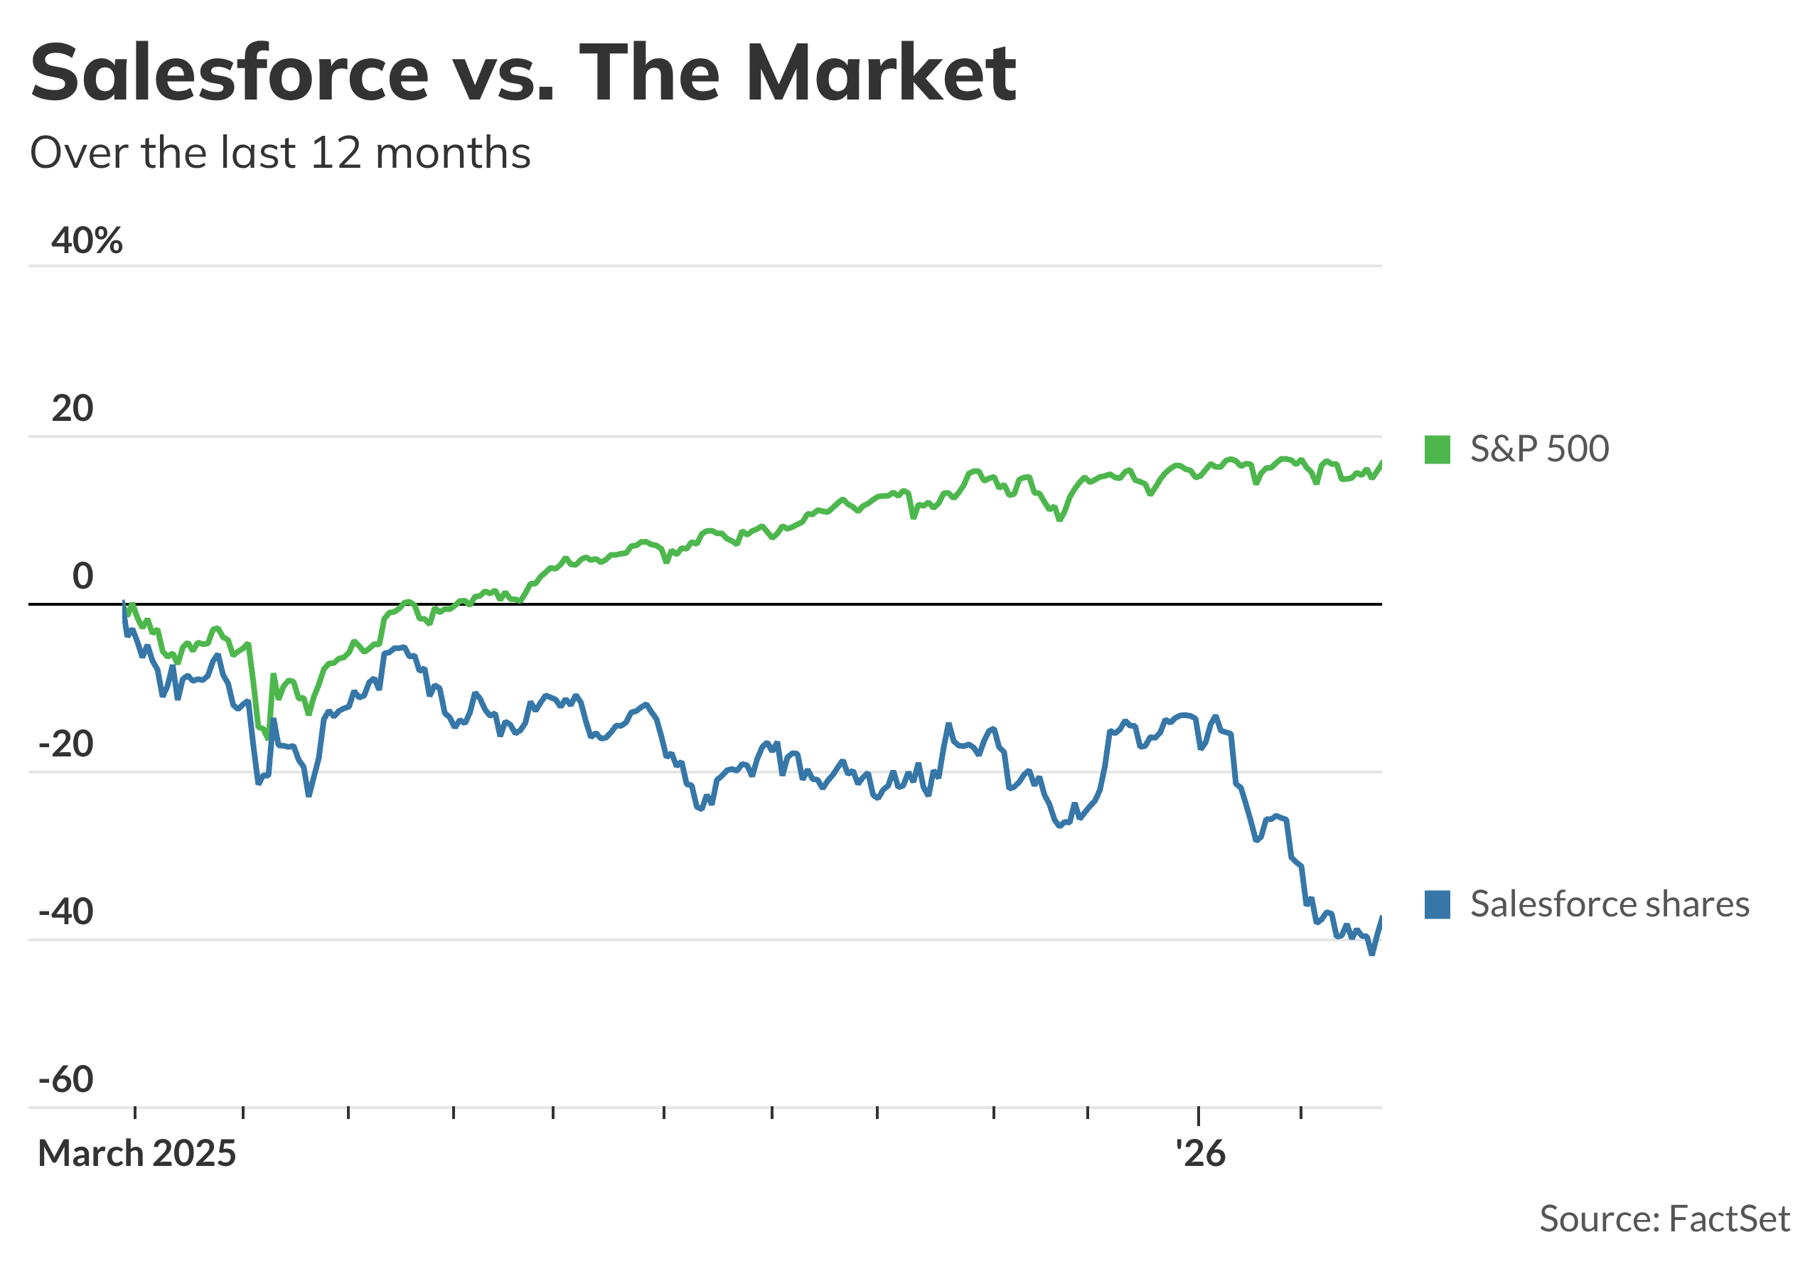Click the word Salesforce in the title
[230, 73]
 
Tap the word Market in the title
[881, 73]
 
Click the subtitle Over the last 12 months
[280, 152]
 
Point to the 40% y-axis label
[87, 240]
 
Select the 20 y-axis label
[72, 408]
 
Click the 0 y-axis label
[82, 577]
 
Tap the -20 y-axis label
[66, 744]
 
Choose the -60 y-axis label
[66, 1080]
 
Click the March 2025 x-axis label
[137, 1154]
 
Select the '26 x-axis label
[1200, 1154]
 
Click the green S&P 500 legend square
[1437, 449]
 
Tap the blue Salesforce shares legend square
[1437, 904]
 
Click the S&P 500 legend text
[1539, 449]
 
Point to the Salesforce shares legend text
[1610, 904]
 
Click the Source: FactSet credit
[1664, 1219]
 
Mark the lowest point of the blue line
[1371, 953]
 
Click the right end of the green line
[1381, 463]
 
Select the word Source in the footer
[1595, 1219]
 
